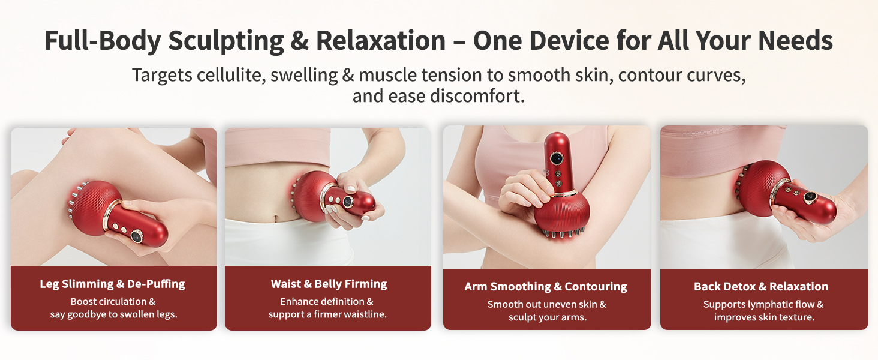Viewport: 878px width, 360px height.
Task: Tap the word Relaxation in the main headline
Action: [x=381, y=41]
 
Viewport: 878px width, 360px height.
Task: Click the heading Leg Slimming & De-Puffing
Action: [x=113, y=284]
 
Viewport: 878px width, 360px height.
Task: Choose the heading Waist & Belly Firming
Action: [x=329, y=284]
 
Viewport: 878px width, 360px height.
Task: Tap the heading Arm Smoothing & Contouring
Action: [x=546, y=286]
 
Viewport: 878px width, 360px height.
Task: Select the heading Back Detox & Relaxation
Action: [x=761, y=286]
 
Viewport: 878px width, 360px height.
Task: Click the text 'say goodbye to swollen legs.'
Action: [x=113, y=314]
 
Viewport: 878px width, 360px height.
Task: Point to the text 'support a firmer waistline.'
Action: [x=327, y=314]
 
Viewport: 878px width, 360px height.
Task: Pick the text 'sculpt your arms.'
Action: [x=547, y=317]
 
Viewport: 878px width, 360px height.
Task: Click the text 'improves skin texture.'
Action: [x=764, y=317]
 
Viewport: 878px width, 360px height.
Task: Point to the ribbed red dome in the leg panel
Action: [x=95, y=202]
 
